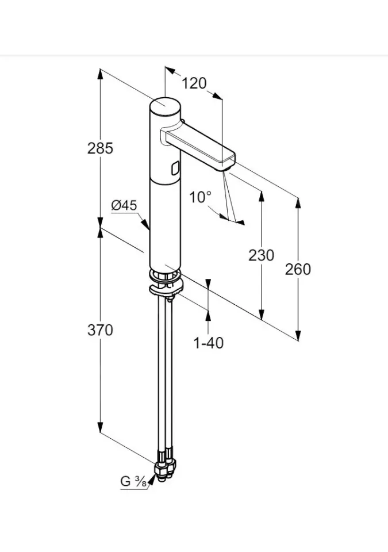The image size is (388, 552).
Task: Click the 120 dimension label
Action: (194, 83)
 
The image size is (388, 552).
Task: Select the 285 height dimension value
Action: (100, 148)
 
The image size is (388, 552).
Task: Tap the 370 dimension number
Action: (100, 330)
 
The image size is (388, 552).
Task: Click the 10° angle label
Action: (201, 197)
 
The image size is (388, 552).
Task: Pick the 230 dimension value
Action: (262, 255)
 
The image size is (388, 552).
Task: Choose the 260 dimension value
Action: (298, 269)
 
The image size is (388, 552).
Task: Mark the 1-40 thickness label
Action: (208, 343)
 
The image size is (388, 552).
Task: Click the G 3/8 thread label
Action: (133, 482)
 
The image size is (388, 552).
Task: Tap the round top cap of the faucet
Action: (165, 106)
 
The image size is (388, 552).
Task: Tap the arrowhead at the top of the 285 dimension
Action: (100, 72)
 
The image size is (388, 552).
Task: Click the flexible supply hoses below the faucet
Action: (164, 374)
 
